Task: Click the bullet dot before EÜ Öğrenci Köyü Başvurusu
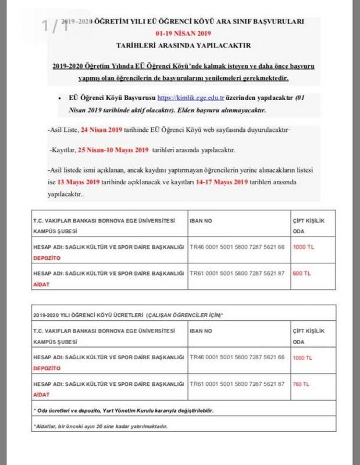tap(61, 99)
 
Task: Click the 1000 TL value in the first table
tap(302, 246)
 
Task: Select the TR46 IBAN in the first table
tap(238, 246)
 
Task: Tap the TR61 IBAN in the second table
tap(238, 384)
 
